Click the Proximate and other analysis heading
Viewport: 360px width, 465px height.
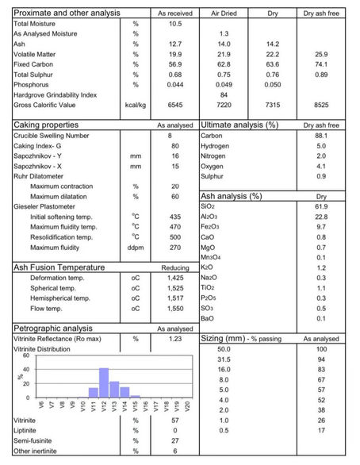(67, 13)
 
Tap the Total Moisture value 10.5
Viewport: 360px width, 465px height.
(175, 24)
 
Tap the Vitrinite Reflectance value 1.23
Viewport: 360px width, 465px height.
(175, 338)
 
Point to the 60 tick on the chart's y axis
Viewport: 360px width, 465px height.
(26, 356)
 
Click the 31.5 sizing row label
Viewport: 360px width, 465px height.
(224, 359)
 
